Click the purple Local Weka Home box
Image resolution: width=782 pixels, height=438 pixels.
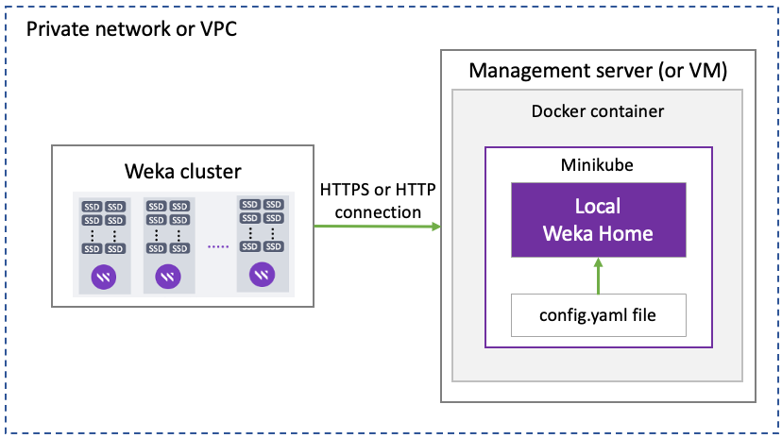[x=597, y=220]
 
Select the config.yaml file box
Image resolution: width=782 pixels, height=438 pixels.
[x=597, y=315]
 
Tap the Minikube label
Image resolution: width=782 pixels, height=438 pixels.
[x=597, y=163]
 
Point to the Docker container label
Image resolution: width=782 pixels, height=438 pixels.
[x=597, y=111]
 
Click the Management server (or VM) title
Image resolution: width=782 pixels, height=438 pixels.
[x=598, y=71]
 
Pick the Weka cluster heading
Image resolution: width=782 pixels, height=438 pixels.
[x=183, y=172]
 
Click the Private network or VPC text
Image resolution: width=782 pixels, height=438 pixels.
[x=131, y=28]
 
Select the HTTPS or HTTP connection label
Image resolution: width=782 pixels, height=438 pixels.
[x=377, y=201]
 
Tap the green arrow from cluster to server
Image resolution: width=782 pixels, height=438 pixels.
[x=377, y=227]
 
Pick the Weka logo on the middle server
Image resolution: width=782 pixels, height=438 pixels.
[x=168, y=277]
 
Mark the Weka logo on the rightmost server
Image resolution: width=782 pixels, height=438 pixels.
[x=263, y=275]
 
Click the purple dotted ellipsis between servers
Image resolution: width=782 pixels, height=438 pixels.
[x=217, y=247]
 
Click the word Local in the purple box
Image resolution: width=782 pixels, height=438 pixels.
[x=597, y=207]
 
